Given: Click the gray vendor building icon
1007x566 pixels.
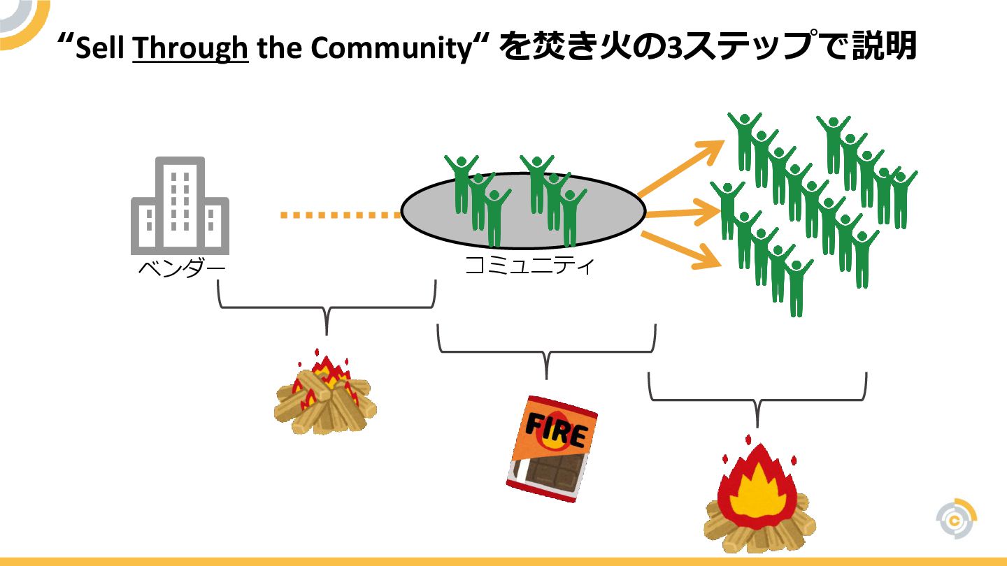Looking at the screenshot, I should pos(180,205).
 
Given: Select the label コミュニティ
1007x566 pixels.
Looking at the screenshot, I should pos(529,266).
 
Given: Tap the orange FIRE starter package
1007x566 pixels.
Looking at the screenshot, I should pos(552,447).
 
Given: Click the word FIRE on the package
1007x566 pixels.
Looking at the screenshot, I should pos(556,430).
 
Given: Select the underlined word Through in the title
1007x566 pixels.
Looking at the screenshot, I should pos(190,48).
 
